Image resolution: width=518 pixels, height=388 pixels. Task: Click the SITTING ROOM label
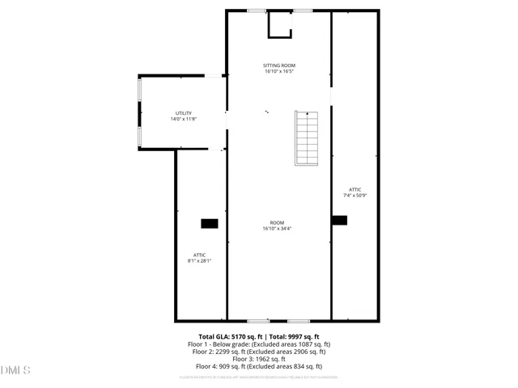[x=278, y=65]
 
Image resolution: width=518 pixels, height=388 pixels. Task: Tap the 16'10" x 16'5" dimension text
[x=278, y=71]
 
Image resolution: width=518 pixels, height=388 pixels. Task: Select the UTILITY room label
[x=184, y=113]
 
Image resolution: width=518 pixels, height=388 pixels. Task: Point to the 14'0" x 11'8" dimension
[x=184, y=119]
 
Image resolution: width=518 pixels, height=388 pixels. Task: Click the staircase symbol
[x=307, y=137]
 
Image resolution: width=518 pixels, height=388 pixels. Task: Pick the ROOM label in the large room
[x=278, y=222]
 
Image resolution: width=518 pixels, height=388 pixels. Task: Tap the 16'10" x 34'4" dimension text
[x=278, y=229]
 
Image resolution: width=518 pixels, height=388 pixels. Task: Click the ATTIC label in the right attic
[x=355, y=189]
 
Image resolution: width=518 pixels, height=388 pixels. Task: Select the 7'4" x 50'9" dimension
[x=355, y=195]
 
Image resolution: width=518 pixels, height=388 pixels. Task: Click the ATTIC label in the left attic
[x=199, y=255]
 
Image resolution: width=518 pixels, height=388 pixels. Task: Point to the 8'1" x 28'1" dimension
[x=199, y=261]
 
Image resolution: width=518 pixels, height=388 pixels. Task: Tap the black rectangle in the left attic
[x=210, y=223]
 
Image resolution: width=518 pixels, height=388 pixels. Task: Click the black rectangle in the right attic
[x=339, y=219]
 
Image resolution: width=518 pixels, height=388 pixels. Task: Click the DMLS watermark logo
[x=15, y=370]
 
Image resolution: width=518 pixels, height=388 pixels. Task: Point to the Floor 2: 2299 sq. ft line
[x=259, y=352]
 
